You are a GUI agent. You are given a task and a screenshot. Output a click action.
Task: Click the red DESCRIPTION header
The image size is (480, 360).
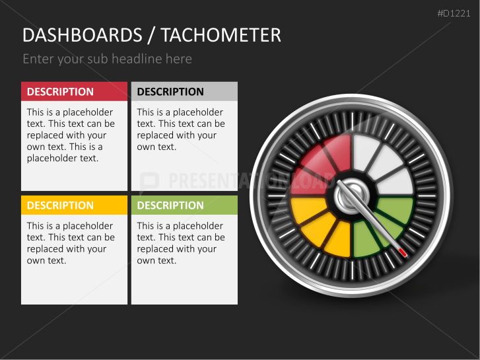[x=74, y=91]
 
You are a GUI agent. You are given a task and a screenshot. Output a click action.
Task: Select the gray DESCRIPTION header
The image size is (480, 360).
[x=184, y=91]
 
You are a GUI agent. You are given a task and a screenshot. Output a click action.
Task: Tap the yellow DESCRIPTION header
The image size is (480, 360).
[x=74, y=205]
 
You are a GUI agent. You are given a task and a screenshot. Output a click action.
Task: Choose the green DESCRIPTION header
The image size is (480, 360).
[x=184, y=205]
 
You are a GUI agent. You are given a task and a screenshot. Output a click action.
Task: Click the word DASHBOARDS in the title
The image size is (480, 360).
[x=82, y=35]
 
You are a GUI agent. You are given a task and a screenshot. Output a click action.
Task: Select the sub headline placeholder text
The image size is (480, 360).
[x=107, y=59]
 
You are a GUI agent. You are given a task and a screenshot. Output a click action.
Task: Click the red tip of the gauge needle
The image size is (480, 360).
[x=403, y=252]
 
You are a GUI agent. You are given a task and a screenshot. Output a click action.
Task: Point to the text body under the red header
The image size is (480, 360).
[x=70, y=135]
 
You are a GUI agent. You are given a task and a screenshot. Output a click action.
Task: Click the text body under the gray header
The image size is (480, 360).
[x=180, y=129]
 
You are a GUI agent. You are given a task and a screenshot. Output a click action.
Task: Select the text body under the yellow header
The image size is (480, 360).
[x=70, y=243]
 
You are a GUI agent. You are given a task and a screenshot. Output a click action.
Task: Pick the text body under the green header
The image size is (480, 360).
[x=180, y=243]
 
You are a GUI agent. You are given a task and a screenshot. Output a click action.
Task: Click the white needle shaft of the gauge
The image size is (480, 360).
[x=374, y=223]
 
